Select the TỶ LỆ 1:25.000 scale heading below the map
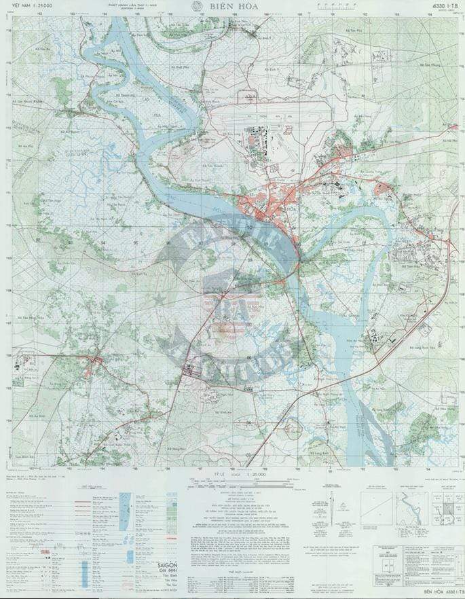(233, 473)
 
